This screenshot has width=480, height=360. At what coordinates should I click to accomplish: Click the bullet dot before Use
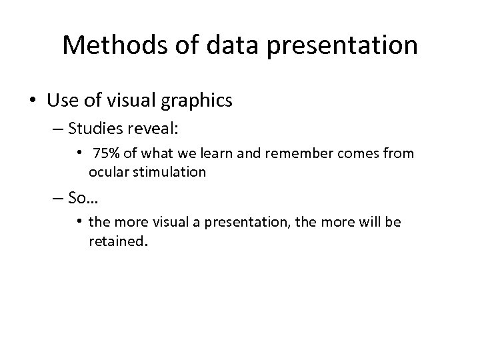click(32, 101)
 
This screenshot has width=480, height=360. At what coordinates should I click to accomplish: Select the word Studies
click(105, 128)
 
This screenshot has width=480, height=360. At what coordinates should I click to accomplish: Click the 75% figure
click(106, 154)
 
